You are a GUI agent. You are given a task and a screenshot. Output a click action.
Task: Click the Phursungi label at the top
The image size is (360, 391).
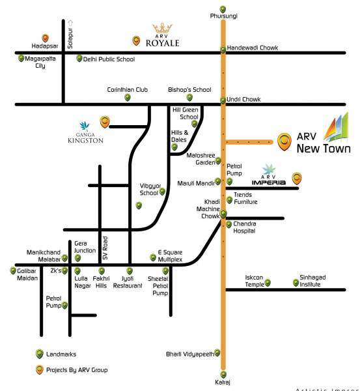tap(223, 14)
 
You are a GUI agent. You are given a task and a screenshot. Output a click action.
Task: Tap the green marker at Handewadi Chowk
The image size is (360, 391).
tap(223, 49)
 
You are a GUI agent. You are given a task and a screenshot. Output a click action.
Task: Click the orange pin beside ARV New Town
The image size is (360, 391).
tap(284, 139)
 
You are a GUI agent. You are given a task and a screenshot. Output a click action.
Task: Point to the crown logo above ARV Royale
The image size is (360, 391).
tap(161, 29)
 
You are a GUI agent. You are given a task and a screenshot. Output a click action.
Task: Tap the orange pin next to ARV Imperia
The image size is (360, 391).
tap(297, 177)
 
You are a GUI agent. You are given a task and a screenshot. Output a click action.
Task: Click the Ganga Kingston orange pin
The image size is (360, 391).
tap(104, 121)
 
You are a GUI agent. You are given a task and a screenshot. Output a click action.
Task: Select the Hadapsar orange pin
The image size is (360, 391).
tap(44, 38)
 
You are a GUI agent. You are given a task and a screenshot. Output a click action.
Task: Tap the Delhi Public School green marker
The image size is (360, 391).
tap(79, 59)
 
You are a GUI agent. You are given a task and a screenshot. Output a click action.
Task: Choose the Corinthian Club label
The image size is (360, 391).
tap(128, 90)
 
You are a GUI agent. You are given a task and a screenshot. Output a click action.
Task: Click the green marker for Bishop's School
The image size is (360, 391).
tap(189, 98)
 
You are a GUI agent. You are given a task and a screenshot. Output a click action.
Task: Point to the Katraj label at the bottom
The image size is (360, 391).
tap(223, 381)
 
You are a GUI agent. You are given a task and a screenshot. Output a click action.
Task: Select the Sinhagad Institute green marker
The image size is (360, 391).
tap(296, 283)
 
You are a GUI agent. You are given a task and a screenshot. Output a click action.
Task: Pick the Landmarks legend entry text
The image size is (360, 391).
tap(61, 354)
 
